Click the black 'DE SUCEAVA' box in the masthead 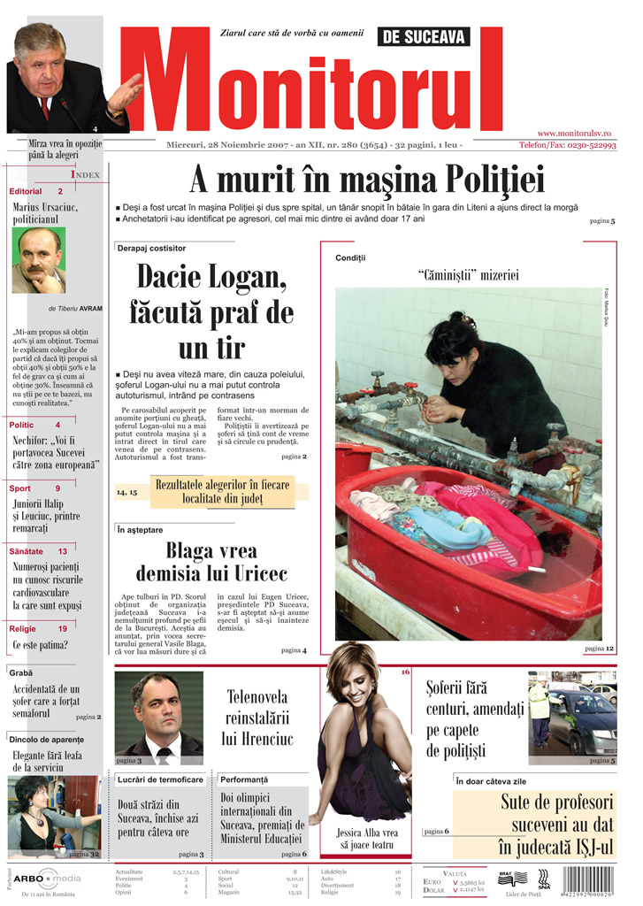point(424,36)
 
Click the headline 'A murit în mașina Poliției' point(366,180)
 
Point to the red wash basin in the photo point(460,540)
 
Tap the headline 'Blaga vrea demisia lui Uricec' point(211,561)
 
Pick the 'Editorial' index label point(26,191)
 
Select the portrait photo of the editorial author point(39,261)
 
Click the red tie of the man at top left point(45,107)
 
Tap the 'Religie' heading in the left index point(22,628)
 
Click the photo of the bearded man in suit point(158,717)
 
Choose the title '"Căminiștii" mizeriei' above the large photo point(467,275)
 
